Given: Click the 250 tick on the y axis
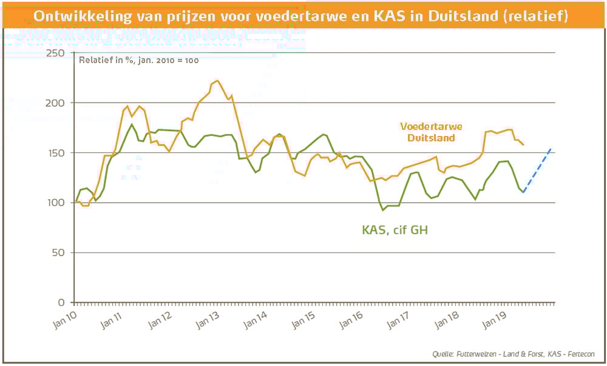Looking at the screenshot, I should pyautogui.click(x=55, y=53).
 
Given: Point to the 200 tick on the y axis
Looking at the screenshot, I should pyautogui.click(x=55, y=103).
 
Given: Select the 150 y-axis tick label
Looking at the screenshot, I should pyautogui.click(x=55, y=153).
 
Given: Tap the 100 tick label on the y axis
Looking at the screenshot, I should pyautogui.click(x=55, y=203).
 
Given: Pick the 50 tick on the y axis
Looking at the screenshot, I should pyautogui.click(x=58, y=252).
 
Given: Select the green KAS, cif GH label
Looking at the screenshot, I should pyautogui.click(x=392, y=230).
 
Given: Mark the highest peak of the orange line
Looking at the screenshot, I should pyautogui.click(x=217, y=80).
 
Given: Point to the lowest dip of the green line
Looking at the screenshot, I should pyautogui.click(x=383, y=210).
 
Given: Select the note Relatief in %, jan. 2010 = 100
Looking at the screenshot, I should pyautogui.click(x=139, y=60).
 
